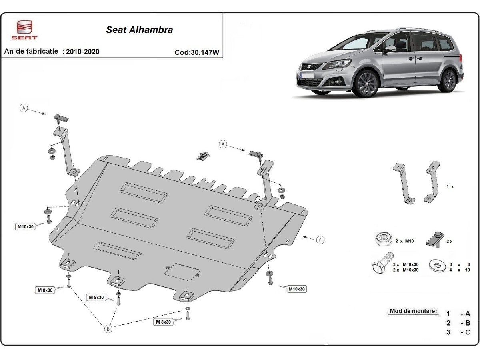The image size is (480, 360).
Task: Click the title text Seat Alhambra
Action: point(139,30)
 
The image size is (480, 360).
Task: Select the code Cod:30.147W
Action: point(197,52)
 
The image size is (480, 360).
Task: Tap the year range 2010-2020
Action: point(83,52)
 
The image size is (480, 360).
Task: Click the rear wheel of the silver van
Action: point(450,80)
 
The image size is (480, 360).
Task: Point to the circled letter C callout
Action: point(320,240)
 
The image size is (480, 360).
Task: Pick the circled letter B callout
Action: point(108,329)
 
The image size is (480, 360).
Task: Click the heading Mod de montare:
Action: point(413,311)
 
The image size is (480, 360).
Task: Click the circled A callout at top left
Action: point(24,108)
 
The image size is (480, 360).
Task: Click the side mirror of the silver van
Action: point(390,48)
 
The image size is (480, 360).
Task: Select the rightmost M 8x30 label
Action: point(163,322)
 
